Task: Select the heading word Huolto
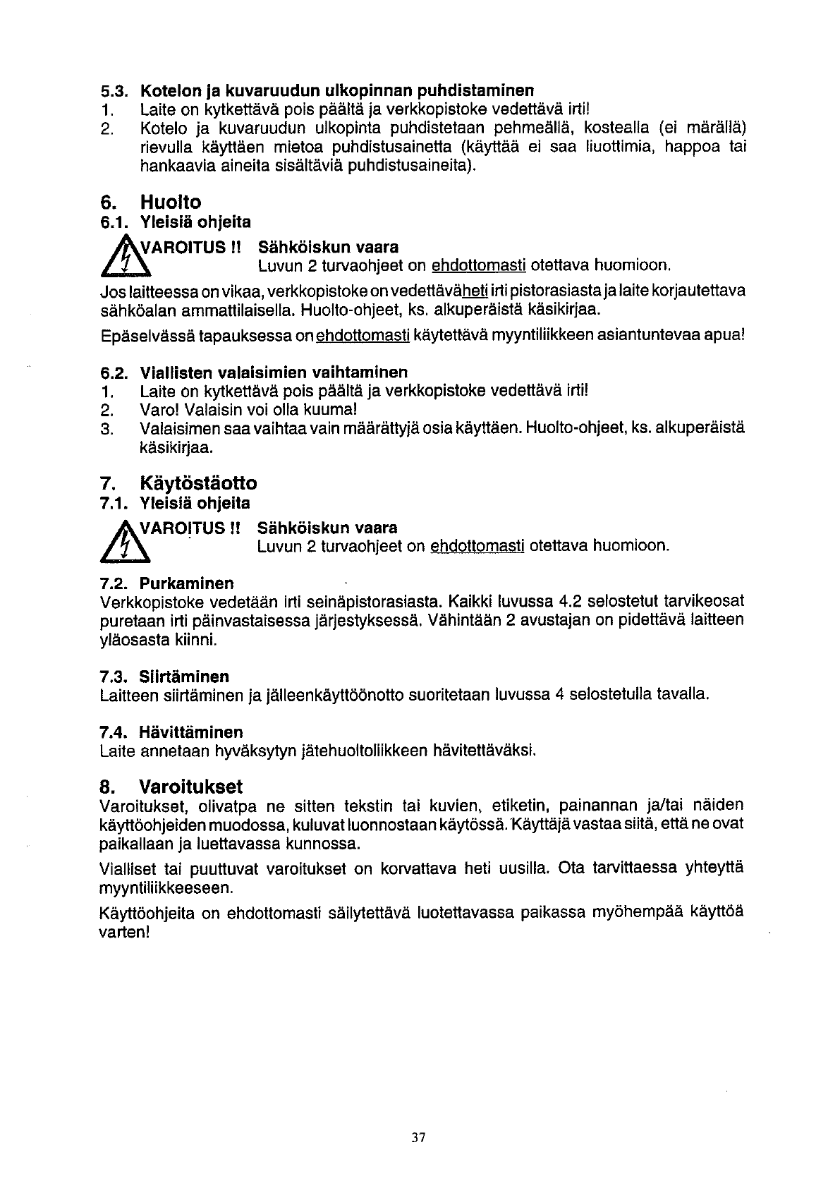[x=170, y=202]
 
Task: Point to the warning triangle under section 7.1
[x=121, y=539]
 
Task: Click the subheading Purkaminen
[x=186, y=584]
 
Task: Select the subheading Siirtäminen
[x=184, y=677]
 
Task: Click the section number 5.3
[x=113, y=91]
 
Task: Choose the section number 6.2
[x=113, y=372]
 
